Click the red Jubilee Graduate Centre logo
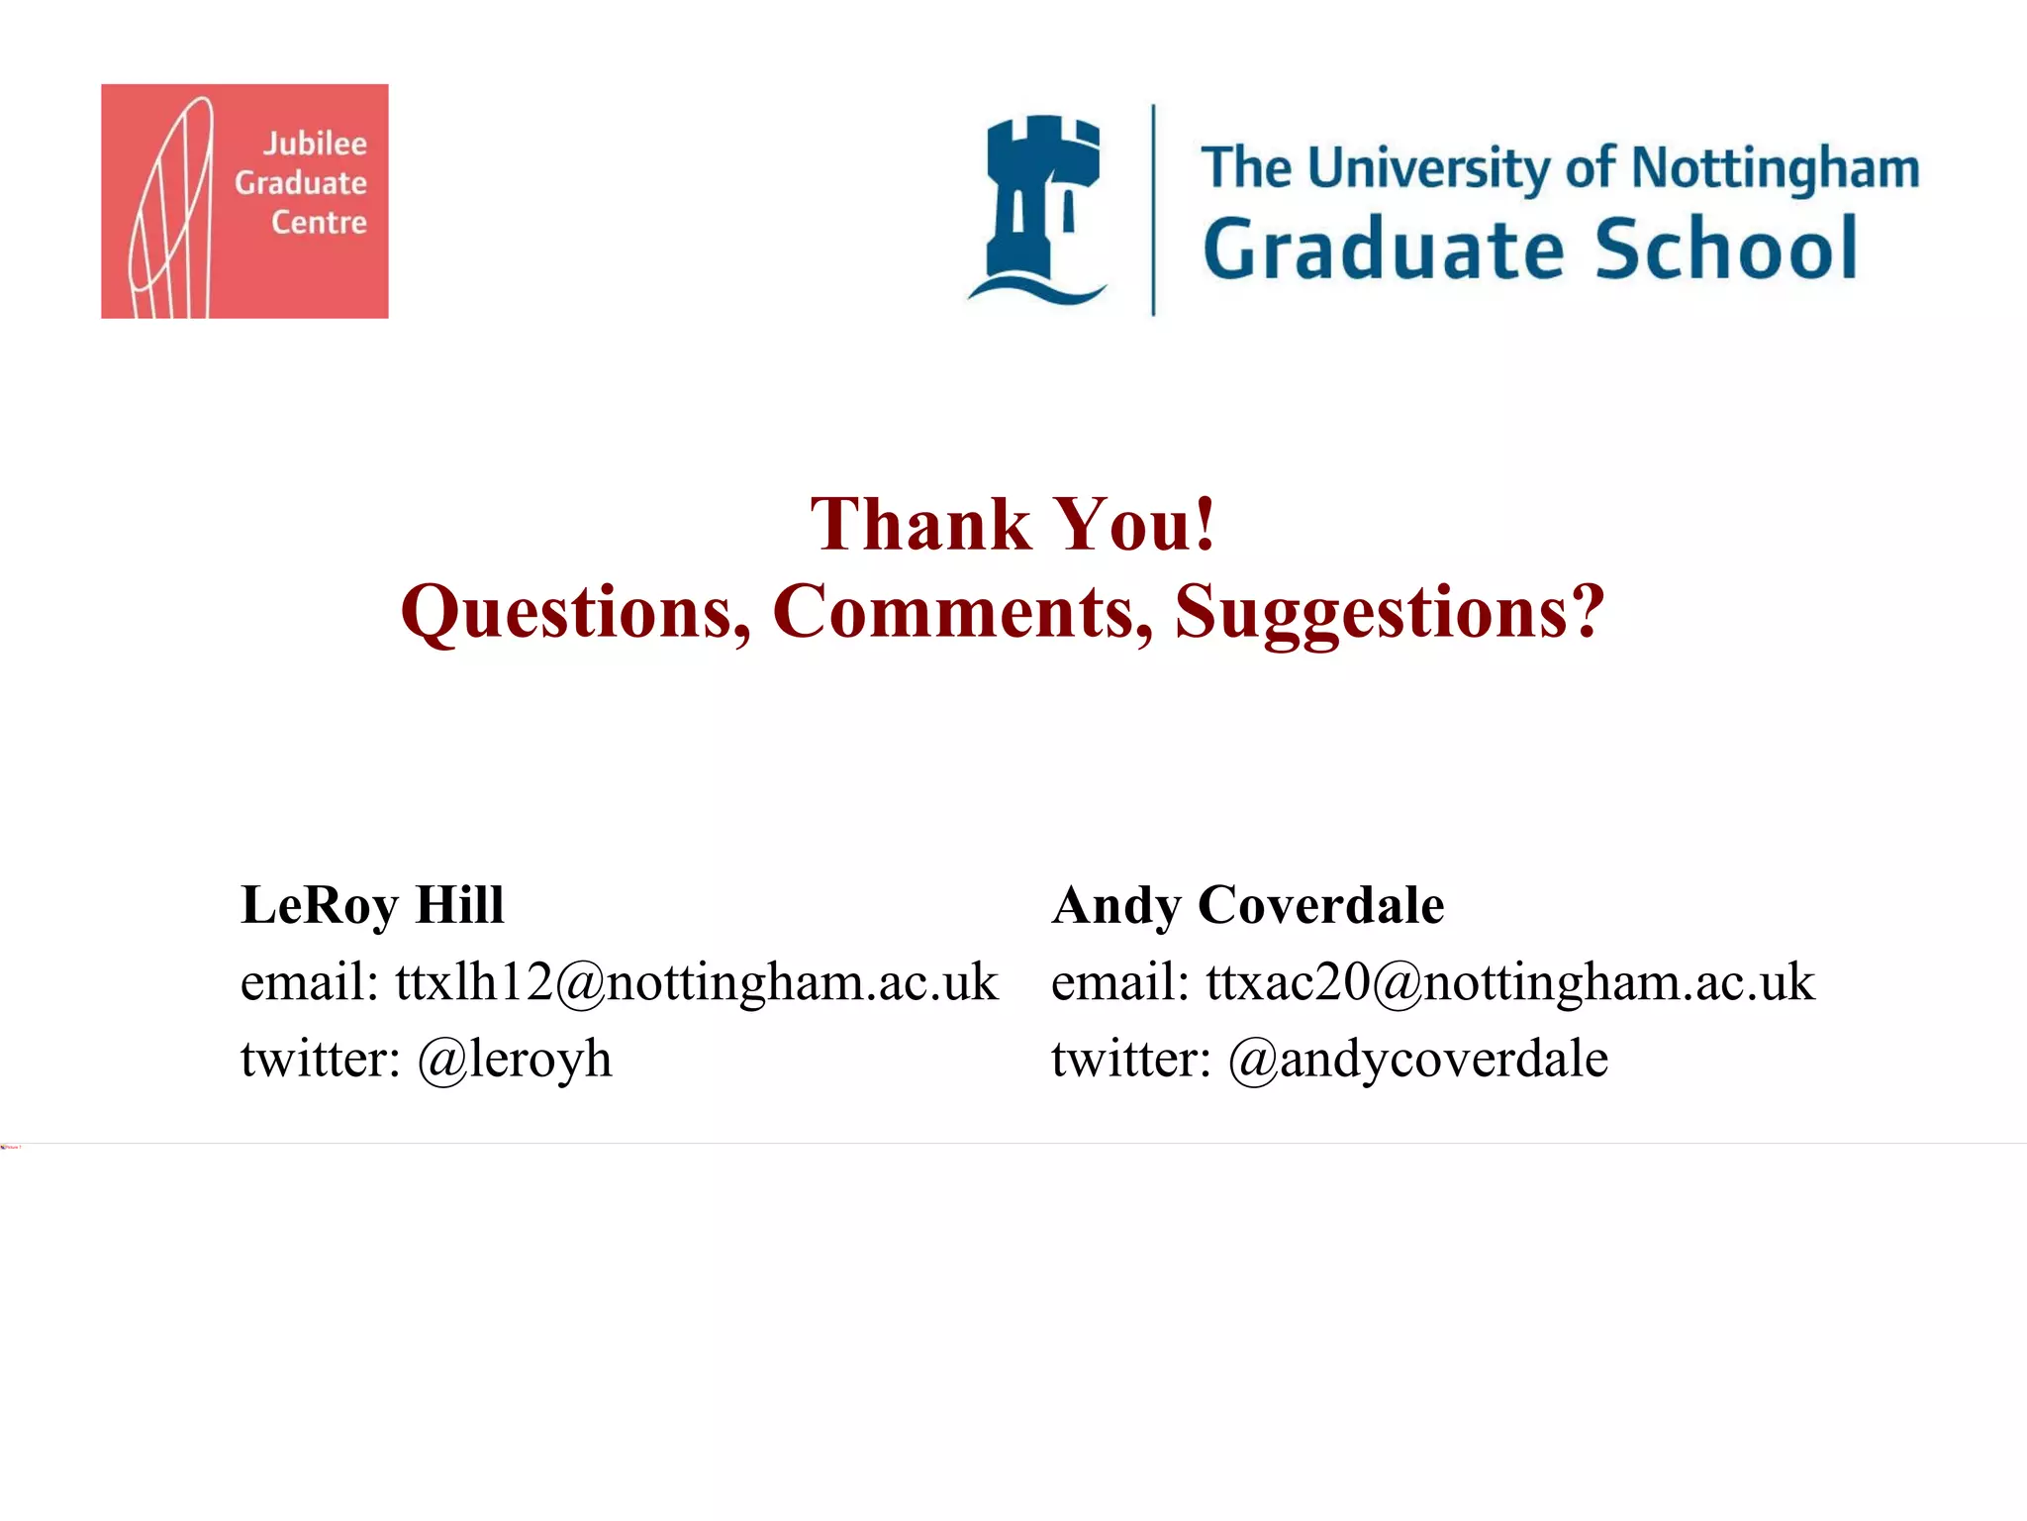point(244,201)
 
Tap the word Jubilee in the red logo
point(315,145)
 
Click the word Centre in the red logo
point(319,223)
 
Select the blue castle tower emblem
point(1038,208)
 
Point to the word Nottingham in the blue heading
point(1775,168)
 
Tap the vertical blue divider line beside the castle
point(1153,210)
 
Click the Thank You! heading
point(1013,524)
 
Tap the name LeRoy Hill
point(372,905)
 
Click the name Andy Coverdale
point(1247,905)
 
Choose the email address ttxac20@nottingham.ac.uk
point(1510,982)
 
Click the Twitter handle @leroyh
point(515,1060)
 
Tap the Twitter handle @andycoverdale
point(1417,1060)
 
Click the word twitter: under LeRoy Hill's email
point(320,1060)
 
